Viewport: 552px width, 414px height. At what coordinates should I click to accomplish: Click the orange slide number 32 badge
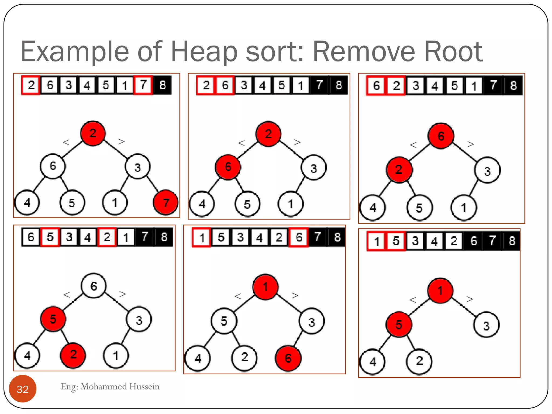coord(23,389)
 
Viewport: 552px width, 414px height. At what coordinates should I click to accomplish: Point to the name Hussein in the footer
coord(144,387)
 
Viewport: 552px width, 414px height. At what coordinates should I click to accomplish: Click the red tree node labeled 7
coord(166,202)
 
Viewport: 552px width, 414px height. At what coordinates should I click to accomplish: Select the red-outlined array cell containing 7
coord(143,85)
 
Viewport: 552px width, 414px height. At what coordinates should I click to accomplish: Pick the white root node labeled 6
coord(94,286)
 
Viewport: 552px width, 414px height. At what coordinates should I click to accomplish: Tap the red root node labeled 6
coord(441,136)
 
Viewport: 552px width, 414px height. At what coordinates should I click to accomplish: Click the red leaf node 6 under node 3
coord(288,358)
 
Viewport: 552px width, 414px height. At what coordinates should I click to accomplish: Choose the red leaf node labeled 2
coord(73,355)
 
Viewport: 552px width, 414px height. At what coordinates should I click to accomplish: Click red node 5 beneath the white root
coord(53,319)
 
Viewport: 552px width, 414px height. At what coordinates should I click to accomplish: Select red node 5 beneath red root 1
coord(399,325)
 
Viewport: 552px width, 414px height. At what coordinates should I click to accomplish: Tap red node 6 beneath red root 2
coord(228,167)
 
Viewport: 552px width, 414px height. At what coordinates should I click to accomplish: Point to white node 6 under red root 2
coord(53,166)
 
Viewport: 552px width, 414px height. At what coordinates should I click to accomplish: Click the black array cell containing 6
coord(474,240)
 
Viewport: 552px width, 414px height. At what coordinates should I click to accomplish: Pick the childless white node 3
coord(486,326)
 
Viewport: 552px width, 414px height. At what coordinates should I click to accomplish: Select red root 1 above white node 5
coord(265,287)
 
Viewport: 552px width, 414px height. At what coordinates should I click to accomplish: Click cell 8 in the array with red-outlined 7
coord(162,85)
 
